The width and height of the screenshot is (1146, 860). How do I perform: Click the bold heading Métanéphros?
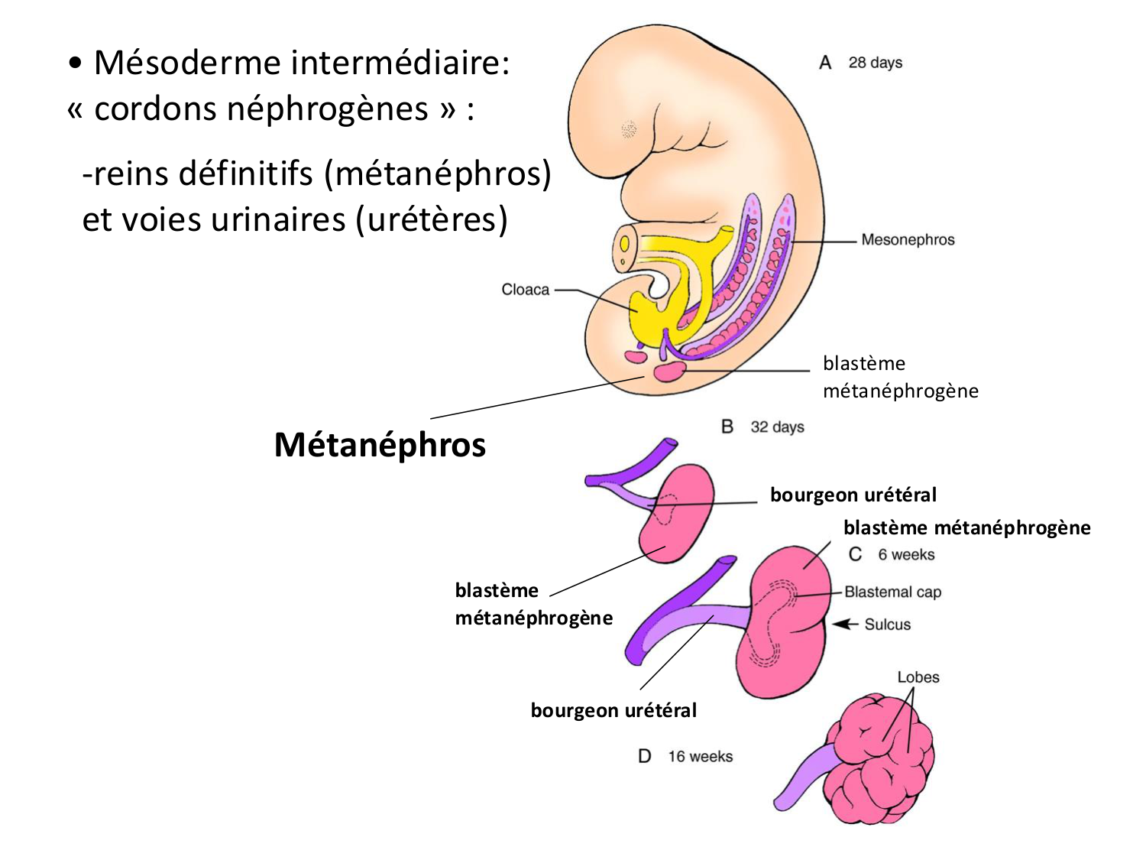tap(380, 445)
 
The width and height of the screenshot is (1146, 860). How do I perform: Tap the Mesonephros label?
tap(908, 240)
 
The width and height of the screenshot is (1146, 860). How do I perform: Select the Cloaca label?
tap(525, 290)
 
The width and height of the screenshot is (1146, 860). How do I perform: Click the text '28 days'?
tap(875, 63)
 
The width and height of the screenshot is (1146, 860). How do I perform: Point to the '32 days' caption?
tap(777, 427)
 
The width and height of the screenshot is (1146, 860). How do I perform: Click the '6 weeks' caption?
tap(906, 554)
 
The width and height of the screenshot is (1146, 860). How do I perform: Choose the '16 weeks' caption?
tap(700, 757)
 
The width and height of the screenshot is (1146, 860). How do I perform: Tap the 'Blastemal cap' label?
tap(892, 592)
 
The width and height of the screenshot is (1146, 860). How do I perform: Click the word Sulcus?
tap(887, 625)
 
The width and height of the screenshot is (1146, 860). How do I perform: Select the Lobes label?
tap(918, 677)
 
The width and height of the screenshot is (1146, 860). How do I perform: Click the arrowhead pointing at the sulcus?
tap(841, 625)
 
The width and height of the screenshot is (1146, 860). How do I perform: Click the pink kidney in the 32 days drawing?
tap(676, 512)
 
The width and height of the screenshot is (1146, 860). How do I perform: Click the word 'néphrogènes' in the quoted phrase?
tap(261, 109)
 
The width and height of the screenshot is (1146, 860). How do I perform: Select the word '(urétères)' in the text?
tap(432, 220)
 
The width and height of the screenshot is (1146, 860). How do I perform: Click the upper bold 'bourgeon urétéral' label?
tap(853, 495)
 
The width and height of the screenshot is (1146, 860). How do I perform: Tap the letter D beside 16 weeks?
tap(645, 757)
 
